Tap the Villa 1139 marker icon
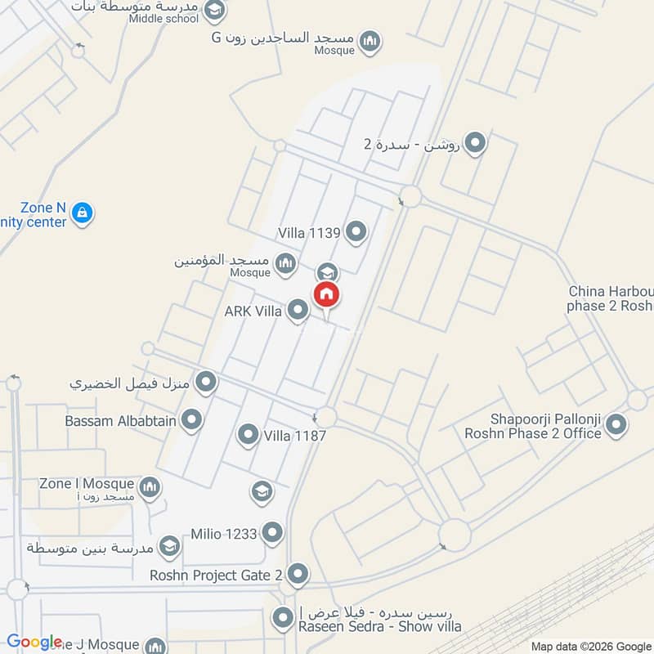coord(356,233)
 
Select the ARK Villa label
coord(253,311)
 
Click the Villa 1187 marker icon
coord(248,435)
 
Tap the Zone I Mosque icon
coord(149,489)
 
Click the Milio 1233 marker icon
coord(272,534)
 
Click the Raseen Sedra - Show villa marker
coord(284,618)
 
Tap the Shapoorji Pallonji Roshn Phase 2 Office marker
coord(617,425)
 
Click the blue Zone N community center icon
coord(82,214)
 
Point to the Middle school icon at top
coord(214,11)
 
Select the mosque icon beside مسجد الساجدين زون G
coord(370,41)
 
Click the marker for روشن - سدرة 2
coord(475,144)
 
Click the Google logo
coord(34,643)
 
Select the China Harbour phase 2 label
coord(610,299)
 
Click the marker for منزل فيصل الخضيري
coord(207,381)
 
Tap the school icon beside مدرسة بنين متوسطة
coord(169,545)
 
